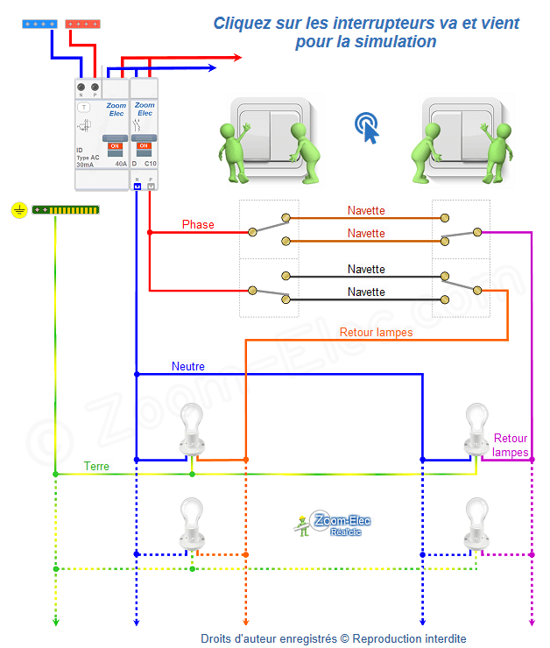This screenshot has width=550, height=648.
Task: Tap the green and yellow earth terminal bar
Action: tap(66, 210)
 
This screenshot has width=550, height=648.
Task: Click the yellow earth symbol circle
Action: tap(19, 210)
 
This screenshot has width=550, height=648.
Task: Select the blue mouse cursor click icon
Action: tap(369, 128)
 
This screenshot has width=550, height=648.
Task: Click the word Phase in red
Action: tap(198, 225)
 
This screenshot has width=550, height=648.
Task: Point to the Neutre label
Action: tap(188, 366)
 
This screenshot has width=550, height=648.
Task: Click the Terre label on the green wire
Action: tap(96, 467)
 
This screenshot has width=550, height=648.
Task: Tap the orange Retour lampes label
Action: tap(376, 333)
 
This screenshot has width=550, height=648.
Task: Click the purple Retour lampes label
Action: tap(511, 445)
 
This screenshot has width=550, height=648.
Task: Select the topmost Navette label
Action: tap(366, 211)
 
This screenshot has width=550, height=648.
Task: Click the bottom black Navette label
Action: tap(366, 292)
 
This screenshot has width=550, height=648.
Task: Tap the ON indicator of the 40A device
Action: tap(114, 146)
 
